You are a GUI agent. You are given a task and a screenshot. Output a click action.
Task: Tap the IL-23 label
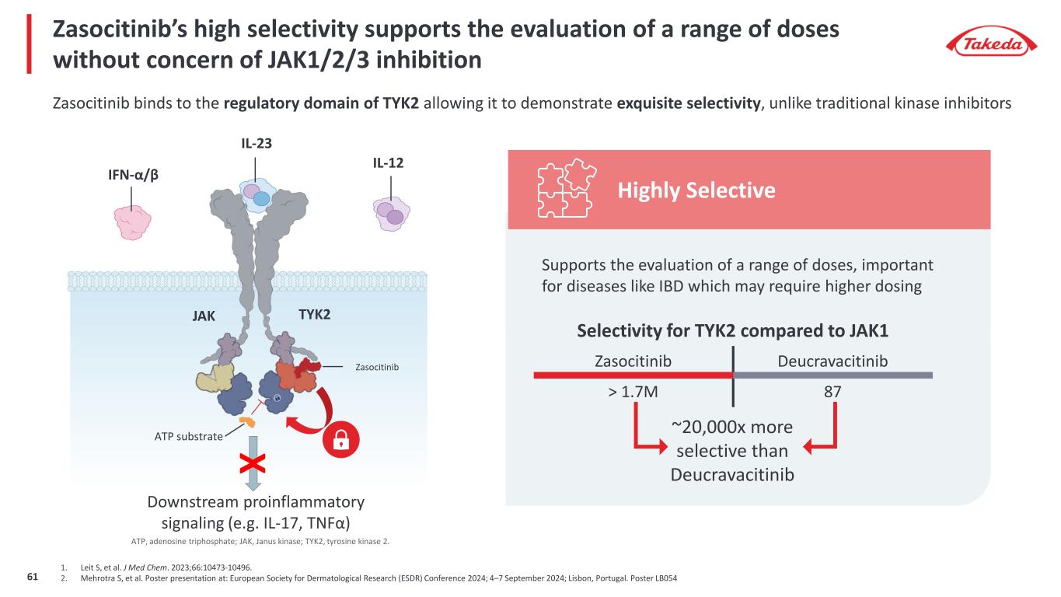click(x=256, y=143)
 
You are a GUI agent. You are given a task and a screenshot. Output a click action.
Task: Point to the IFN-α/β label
click(x=134, y=176)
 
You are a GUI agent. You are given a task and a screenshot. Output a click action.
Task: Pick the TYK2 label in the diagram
click(x=314, y=315)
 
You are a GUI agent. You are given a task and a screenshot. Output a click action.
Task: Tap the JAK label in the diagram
click(x=203, y=316)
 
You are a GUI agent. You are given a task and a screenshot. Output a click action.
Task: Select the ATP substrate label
click(x=187, y=436)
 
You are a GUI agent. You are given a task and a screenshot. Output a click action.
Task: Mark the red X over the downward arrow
click(x=253, y=465)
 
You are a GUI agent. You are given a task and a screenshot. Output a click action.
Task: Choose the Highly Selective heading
click(x=696, y=190)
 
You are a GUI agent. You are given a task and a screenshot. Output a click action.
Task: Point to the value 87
click(x=832, y=393)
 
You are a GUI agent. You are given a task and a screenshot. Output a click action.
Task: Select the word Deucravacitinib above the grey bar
click(x=832, y=361)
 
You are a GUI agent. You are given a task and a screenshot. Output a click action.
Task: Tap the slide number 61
click(x=33, y=577)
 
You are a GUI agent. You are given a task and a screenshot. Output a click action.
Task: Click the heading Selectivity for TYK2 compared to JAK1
click(x=732, y=330)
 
